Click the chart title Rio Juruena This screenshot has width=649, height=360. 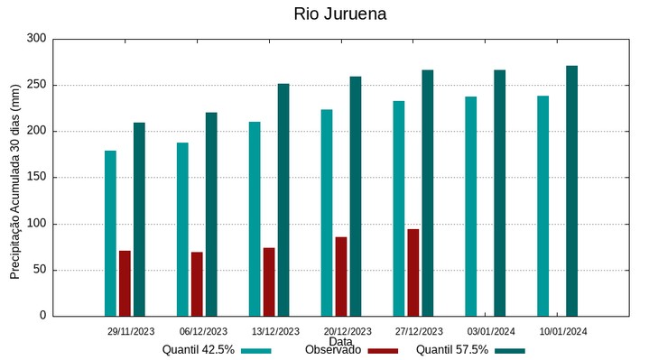[339, 14]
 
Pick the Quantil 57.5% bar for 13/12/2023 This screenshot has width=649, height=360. [283, 199]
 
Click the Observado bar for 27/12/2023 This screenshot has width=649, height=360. [413, 272]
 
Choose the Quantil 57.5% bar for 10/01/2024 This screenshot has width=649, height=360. [571, 190]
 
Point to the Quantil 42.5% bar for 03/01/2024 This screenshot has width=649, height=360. [471, 206]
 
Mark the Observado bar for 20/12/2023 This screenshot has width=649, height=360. [341, 276]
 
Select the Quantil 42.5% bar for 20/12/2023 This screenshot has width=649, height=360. [327, 213]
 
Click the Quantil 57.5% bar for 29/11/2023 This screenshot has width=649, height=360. [139, 219]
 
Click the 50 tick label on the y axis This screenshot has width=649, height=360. [39, 270]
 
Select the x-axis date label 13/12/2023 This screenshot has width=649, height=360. [275, 331]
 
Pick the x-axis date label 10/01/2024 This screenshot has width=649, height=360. [563, 331]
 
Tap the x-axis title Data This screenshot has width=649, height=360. [340, 341]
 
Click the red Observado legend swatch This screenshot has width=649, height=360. [384, 350]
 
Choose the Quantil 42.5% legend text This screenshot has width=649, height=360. [199, 350]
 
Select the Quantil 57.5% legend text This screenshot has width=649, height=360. [452, 350]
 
